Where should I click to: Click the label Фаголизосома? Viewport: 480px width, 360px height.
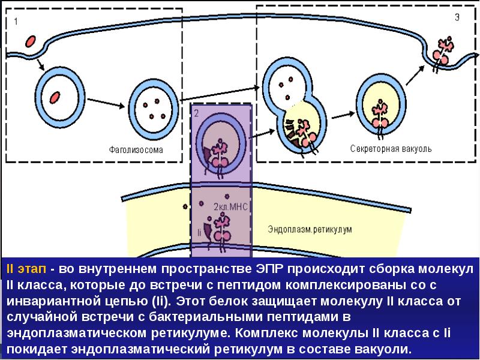coord(136,148)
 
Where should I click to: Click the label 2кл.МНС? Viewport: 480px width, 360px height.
coord(230,206)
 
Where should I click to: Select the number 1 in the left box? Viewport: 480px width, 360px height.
coord(16,22)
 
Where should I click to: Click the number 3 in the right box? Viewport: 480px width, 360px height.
coord(458,18)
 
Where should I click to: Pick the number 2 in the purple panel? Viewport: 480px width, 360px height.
coord(196,113)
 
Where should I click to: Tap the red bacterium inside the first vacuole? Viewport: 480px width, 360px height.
coord(55,95)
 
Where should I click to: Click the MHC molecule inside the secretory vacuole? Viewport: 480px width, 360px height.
coord(379,114)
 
